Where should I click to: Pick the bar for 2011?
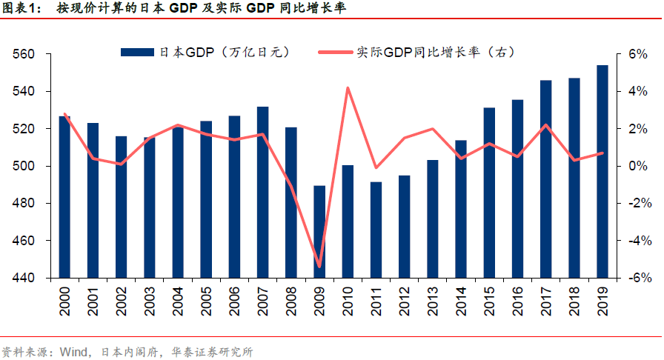tap(376, 230)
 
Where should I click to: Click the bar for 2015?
tap(489, 193)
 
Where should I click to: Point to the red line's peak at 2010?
tap(348, 88)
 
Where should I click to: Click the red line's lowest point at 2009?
tap(319, 266)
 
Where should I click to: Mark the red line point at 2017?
tap(546, 124)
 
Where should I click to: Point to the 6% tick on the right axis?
tap(628, 54)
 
